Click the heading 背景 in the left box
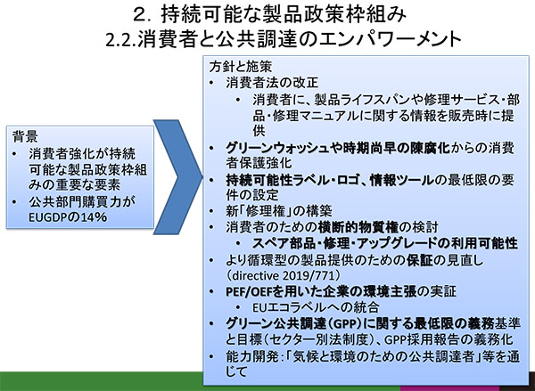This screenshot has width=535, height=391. point(25,137)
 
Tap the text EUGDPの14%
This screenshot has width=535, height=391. point(68,217)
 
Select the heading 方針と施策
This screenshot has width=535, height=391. point(241,67)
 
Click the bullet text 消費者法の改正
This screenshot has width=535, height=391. point(272,83)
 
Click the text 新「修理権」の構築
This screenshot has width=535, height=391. point(279,211)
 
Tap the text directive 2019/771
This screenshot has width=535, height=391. point(284,275)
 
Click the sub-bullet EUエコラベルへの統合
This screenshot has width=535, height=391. point(316,307)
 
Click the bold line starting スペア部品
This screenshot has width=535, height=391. point(385,243)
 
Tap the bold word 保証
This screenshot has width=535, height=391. point(419,260)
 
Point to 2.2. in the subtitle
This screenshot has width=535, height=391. point(121,40)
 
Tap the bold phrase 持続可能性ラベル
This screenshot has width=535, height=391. point(274,180)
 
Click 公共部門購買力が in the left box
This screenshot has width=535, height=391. point(82,201)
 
